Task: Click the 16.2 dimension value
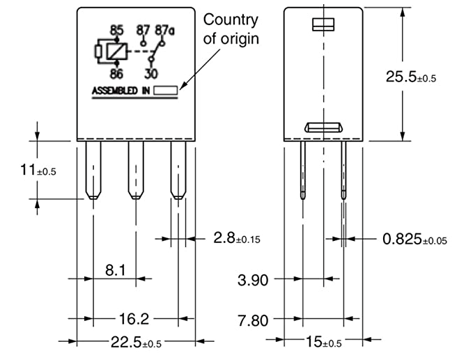[x=134, y=318]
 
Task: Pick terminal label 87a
[x=164, y=30]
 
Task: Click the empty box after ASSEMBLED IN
[x=166, y=90]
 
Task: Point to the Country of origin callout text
[x=230, y=29]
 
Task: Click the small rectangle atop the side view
[x=325, y=25]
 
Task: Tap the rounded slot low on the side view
[x=325, y=127]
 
